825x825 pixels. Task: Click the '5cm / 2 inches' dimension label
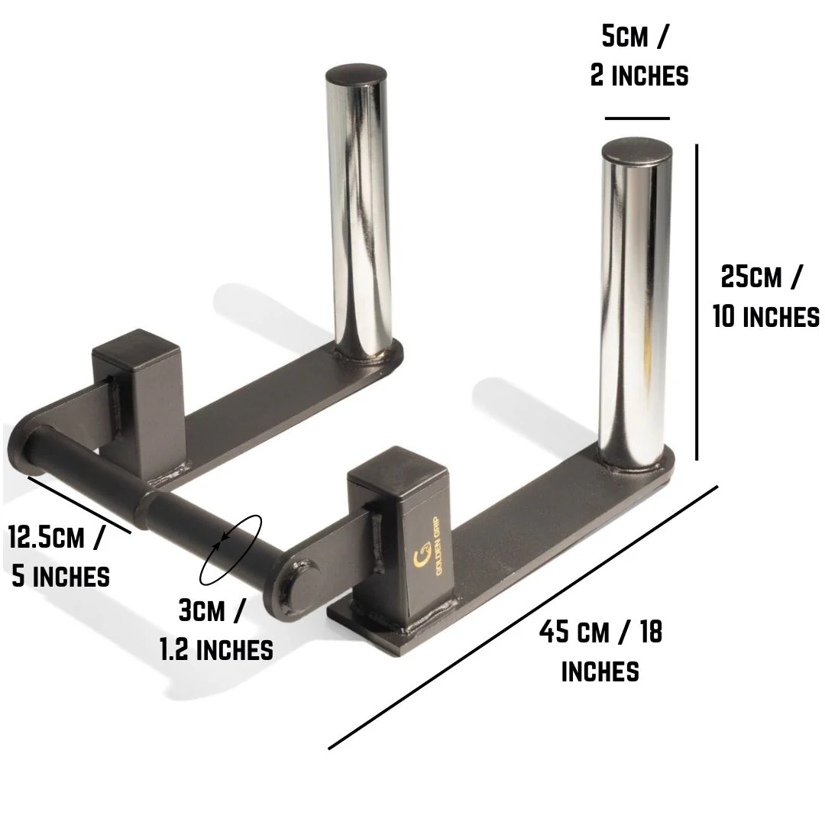coord(639,56)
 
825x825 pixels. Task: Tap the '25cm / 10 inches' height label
coord(765,296)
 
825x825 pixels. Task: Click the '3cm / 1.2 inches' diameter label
coord(216,630)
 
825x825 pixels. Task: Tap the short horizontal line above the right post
coord(636,118)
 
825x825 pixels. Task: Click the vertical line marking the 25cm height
coord(697,302)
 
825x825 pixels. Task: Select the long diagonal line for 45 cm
coord(523,616)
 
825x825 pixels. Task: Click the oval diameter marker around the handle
coord(231,548)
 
